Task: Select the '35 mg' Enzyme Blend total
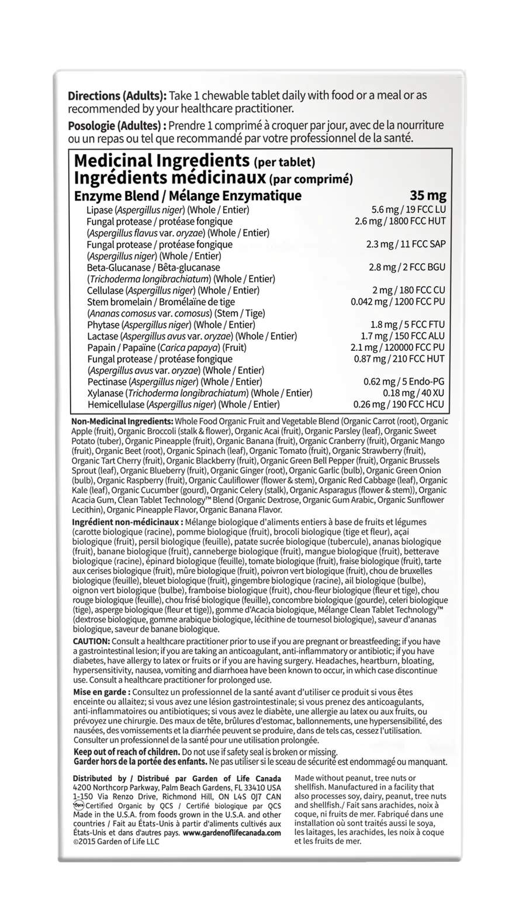[x=428, y=195]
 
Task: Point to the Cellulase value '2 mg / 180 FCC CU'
[x=409, y=290]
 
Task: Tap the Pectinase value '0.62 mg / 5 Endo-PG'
[x=404, y=382]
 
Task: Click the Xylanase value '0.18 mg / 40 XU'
[x=414, y=393]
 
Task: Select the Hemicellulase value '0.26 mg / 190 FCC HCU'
[x=399, y=404]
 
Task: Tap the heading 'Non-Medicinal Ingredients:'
[x=122, y=422]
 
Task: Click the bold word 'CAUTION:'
[x=91, y=641]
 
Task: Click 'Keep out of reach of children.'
[x=126, y=751]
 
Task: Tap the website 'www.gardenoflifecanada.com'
[x=232, y=833]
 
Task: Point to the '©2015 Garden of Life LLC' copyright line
[x=116, y=841]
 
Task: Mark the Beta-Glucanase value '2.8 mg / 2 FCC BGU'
[x=407, y=267]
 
